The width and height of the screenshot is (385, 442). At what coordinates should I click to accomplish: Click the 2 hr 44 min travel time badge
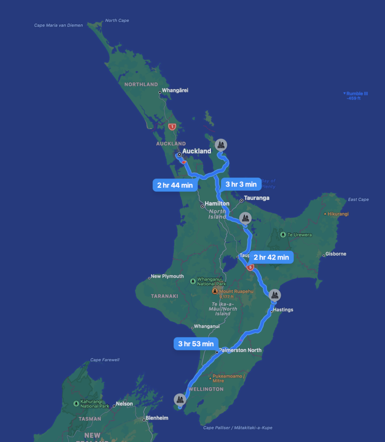coord(175,185)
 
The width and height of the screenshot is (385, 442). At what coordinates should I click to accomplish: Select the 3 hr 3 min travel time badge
coord(241,184)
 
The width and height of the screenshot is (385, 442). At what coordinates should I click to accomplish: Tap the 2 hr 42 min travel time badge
coord(271,257)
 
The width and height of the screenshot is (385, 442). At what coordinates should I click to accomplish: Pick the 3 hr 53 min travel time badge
coord(196,344)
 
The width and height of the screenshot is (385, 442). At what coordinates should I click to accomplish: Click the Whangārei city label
coord(175,91)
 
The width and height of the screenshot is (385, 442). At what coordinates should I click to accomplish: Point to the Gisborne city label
coord(336,254)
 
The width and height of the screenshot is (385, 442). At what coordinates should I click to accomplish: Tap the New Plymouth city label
coord(167,276)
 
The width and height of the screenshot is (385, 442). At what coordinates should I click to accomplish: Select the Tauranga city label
coord(256,198)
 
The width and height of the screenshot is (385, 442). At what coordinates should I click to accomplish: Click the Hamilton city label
coord(217,203)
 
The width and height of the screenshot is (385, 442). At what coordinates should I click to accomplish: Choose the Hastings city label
coord(283,310)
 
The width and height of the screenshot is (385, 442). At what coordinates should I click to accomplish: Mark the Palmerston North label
coord(240,350)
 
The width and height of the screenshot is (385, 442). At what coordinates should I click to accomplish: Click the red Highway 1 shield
coord(172,126)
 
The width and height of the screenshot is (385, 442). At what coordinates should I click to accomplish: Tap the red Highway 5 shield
coord(250,268)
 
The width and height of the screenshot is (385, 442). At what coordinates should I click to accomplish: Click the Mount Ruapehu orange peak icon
coord(215,292)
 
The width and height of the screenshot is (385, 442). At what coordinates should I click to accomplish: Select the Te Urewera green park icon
coord(283,235)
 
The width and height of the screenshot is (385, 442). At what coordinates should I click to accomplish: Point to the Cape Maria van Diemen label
coord(58,25)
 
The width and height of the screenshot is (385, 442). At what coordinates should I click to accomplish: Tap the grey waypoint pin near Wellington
coord(180,399)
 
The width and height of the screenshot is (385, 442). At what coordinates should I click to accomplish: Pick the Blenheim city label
coord(157,418)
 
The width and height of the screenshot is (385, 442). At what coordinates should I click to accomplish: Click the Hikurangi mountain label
coord(338,214)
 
